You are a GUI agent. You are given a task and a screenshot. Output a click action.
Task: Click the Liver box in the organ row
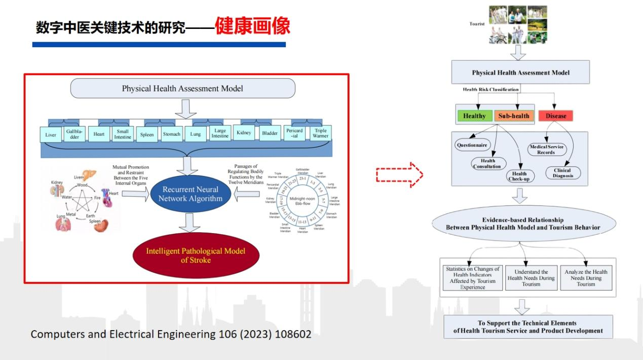(x=51, y=134)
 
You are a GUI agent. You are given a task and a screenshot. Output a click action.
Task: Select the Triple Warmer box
(x=320, y=133)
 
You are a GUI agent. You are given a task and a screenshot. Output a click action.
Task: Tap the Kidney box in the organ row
(x=244, y=133)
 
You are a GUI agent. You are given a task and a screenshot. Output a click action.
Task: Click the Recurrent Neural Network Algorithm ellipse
(x=190, y=194)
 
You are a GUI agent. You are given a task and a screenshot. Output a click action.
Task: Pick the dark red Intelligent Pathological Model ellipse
(x=196, y=256)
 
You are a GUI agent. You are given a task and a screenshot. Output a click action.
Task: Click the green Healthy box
(x=474, y=116)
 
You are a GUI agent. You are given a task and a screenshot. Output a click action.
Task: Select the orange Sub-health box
(x=513, y=116)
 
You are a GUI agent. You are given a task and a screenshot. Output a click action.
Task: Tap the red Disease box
(x=555, y=116)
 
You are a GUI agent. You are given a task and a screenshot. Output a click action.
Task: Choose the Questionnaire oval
(x=472, y=145)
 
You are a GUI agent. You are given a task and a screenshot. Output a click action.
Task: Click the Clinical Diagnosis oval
(x=562, y=173)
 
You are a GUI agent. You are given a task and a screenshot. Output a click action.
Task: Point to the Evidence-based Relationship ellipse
(x=523, y=224)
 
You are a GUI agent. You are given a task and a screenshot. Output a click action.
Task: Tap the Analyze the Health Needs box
(x=586, y=278)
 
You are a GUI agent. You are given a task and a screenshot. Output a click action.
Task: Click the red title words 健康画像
(x=252, y=26)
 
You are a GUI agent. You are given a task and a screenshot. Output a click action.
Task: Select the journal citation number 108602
(x=293, y=334)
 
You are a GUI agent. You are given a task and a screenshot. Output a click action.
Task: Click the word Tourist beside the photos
(x=477, y=24)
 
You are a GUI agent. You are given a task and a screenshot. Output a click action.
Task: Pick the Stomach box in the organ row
(x=171, y=134)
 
